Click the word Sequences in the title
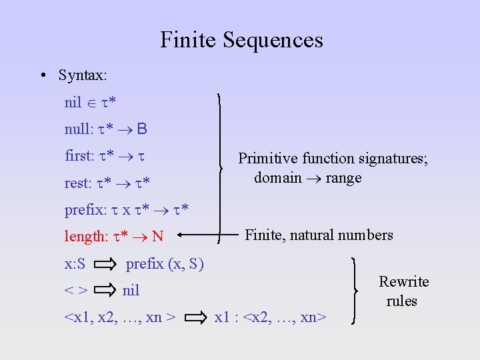tap(273, 40)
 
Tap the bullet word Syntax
tap(81, 75)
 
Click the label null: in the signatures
tap(79, 129)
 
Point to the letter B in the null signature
tap(142, 129)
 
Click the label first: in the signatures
tap(79, 155)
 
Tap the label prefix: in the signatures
tap(84, 209)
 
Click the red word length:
tap(86, 236)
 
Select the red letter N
tap(157, 236)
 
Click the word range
tap(343, 177)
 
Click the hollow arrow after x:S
tap(105, 264)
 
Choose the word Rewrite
tap(403, 281)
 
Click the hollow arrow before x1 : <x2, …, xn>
tap(197, 317)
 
